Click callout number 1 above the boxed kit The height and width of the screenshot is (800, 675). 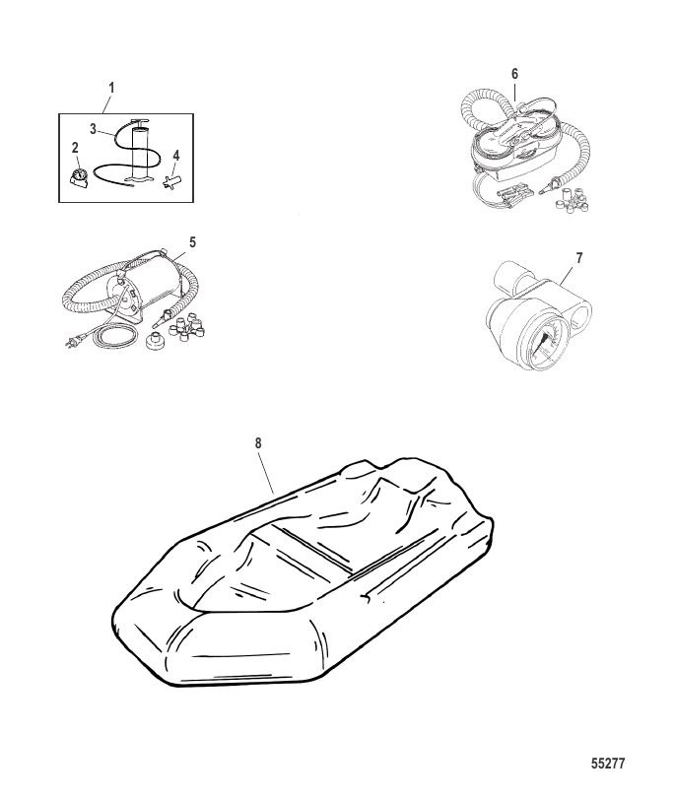tap(111, 88)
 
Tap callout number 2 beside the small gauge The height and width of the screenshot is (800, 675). tap(75, 148)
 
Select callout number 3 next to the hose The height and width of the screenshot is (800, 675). tap(93, 129)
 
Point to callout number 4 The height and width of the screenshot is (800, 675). tap(176, 155)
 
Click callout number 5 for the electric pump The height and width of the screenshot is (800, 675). tap(192, 241)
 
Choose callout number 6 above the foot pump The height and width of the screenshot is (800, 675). tap(514, 74)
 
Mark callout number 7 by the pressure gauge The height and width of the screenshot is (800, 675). tap(579, 258)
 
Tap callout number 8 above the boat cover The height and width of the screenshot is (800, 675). tap(258, 443)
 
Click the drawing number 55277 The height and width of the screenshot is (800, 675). tap(608, 764)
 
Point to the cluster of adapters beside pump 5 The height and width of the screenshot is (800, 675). tap(188, 325)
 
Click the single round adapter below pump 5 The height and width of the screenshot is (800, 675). tap(155, 340)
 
